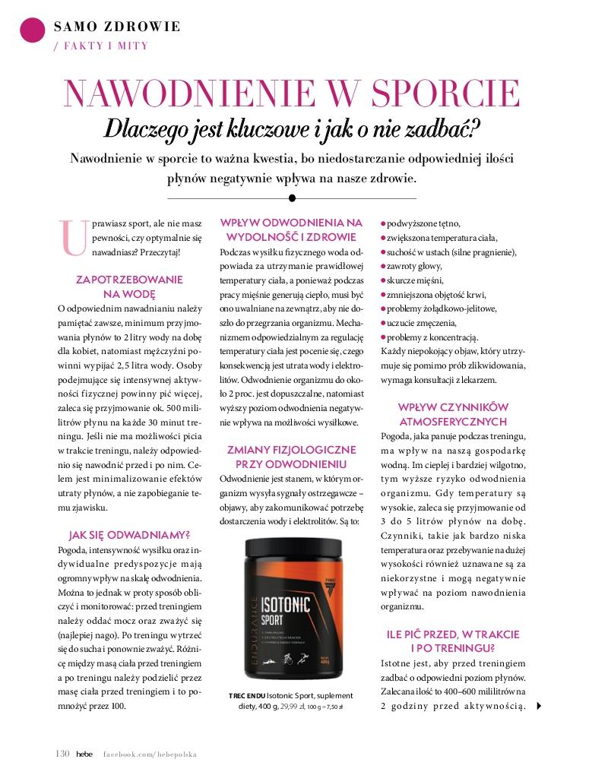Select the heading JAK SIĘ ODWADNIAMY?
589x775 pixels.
129,535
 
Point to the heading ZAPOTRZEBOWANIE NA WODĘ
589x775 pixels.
129,286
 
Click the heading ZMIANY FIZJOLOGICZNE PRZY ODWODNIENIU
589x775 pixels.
291,457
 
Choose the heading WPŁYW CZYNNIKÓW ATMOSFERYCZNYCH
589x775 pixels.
453,414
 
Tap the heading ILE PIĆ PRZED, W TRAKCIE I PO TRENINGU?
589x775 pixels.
453,641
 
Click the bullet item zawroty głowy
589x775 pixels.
414,266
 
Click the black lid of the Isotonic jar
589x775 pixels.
292,530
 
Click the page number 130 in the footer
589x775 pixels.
63,754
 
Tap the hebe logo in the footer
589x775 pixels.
84,754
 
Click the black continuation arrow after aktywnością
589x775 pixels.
539,706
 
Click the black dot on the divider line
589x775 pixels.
292,198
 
